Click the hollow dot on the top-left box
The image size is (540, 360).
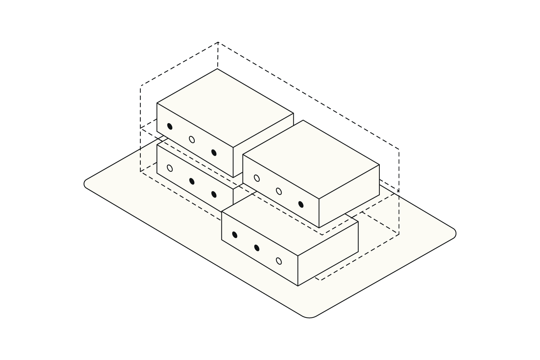[192, 139]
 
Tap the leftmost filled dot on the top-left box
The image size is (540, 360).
[170, 126]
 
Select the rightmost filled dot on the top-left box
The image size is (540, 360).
[214, 153]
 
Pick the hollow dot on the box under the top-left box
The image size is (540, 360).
[170, 168]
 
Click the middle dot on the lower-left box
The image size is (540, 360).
[192, 181]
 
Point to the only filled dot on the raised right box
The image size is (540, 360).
[301, 204]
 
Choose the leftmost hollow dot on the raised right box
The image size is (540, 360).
[257, 178]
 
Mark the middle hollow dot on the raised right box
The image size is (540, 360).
[279, 191]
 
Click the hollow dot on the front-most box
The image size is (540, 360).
[279, 261]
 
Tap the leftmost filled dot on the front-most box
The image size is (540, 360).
[235, 235]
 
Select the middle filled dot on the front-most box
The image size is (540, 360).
[257, 248]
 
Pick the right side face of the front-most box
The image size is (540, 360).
[328, 254]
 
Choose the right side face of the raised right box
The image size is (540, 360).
[349, 196]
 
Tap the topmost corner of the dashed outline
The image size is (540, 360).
[218, 42]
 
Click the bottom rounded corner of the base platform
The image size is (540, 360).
[309, 317]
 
